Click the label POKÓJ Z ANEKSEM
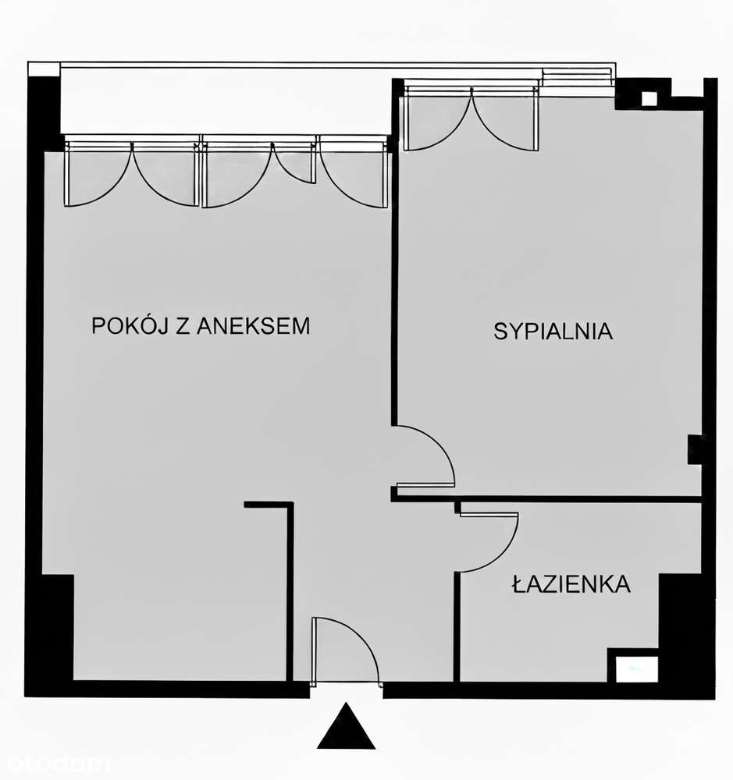click(201, 325)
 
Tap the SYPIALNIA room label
click(553, 331)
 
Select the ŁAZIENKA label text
click(571, 584)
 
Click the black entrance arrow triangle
click(346, 729)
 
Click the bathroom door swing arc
click(489, 542)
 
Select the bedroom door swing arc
click(425, 456)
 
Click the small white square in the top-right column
click(649, 99)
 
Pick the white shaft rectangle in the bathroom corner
click(633, 668)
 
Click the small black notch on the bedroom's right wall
click(694, 449)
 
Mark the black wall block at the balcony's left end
click(44, 105)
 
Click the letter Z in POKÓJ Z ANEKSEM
click(182, 325)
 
